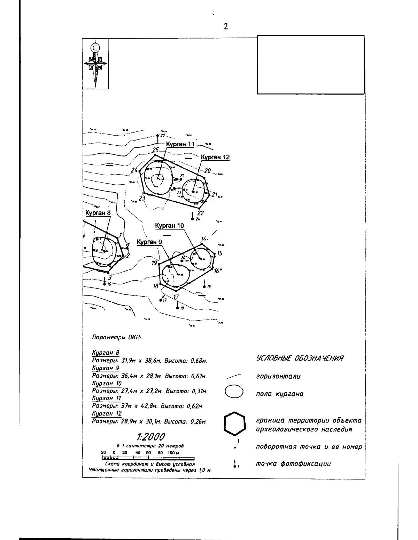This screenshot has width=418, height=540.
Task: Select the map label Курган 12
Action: (x=216, y=158)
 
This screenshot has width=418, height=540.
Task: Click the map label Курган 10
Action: (x=169, y=226)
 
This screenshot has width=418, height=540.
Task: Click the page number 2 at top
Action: (x=225, y=27)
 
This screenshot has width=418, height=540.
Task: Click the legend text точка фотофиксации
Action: (x=293, y=464)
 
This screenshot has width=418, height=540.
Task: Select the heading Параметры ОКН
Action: (x=116, y=337)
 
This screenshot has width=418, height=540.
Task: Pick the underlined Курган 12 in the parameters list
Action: (x=107, y=414)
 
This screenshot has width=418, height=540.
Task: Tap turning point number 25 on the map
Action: (x=155, y=150)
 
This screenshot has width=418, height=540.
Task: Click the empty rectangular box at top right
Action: (x=311, y=64)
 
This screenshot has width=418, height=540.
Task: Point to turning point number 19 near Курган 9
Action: (x=155, y=263)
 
